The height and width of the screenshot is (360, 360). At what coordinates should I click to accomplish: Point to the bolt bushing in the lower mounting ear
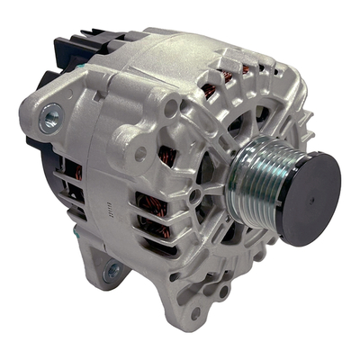112,269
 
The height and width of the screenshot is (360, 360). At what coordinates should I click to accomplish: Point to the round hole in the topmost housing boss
171,107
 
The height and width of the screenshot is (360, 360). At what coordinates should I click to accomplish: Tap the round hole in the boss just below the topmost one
139,152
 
